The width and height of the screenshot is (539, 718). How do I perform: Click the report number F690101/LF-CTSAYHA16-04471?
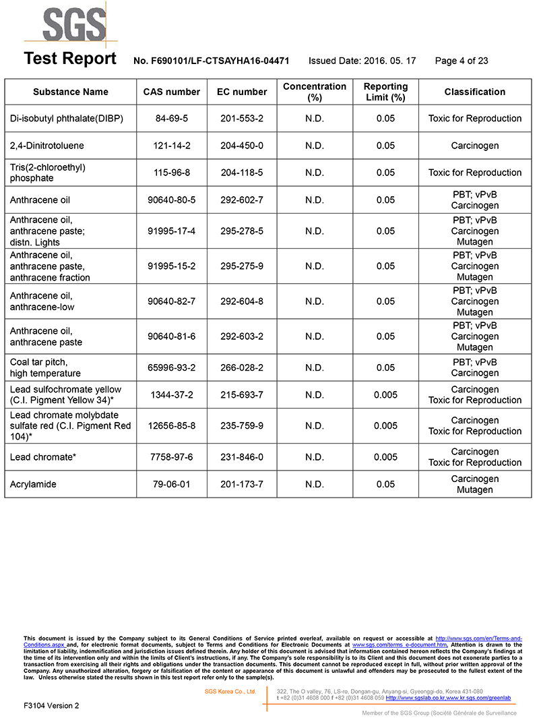212,61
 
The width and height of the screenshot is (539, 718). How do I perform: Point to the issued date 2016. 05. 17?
362,61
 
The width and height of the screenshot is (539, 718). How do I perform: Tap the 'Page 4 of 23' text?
462,61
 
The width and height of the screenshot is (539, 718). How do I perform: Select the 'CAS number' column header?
172,92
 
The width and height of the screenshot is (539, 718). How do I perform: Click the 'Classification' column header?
474,92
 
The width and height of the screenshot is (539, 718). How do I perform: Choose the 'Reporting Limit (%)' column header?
385,92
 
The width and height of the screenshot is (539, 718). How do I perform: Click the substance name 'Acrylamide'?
33,484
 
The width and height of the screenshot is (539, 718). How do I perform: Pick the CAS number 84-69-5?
172,119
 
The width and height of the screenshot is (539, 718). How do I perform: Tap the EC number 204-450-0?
242,146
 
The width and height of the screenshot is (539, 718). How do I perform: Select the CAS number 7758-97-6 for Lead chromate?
172,457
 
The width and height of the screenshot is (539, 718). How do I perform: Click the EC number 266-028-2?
242,367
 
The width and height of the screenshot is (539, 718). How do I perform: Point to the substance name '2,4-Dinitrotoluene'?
47,146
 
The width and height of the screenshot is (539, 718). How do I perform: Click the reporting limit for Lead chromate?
385,457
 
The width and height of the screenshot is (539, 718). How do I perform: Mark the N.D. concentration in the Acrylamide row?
315,484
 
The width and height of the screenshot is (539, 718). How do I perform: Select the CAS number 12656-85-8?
172,425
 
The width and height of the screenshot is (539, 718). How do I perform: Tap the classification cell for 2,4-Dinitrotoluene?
474,146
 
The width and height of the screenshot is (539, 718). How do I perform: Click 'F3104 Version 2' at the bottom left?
51,705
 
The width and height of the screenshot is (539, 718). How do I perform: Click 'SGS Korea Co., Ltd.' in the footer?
230,691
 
